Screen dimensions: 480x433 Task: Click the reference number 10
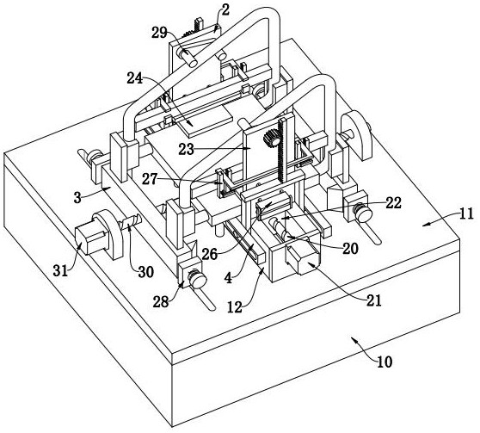pyautogui.click(x=385, y=362)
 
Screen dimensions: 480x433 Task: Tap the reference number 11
pyautogui.click(x=466, y=213)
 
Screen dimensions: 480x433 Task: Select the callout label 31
pyautogui.click(x=60, y=270)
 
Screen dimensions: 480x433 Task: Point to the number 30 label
pyautogui.click(x=145, y=271)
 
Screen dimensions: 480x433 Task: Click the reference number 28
pyautogui.click(x=161, y=302)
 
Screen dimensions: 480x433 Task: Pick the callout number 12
pyautogui.click(x=235, y=307)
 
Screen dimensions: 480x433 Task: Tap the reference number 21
pyautogui.click(x=374, y=301)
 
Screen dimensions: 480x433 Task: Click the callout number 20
pyautogui.click(x=350, y=249)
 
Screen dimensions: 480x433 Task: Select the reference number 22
pyautogui.click(x=393, y=203)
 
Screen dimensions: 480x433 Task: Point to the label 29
pyautogui.click(x=159, y=33)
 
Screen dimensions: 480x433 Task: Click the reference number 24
pyautogui.click(x=135, y=78)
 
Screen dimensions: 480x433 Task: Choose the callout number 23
pyautogui.click(x=187, y=150)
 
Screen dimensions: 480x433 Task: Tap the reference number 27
pyautogui.click(x=150, y=179)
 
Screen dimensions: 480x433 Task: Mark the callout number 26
pyautogui.click(x=210, y=254)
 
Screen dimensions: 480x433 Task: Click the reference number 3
pyautogui.click(x=77, y=198)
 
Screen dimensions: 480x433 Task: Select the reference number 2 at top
pyautogui.click(x=225, y=10)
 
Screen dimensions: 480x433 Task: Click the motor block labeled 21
pyautogui.click(x=303, y=257)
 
